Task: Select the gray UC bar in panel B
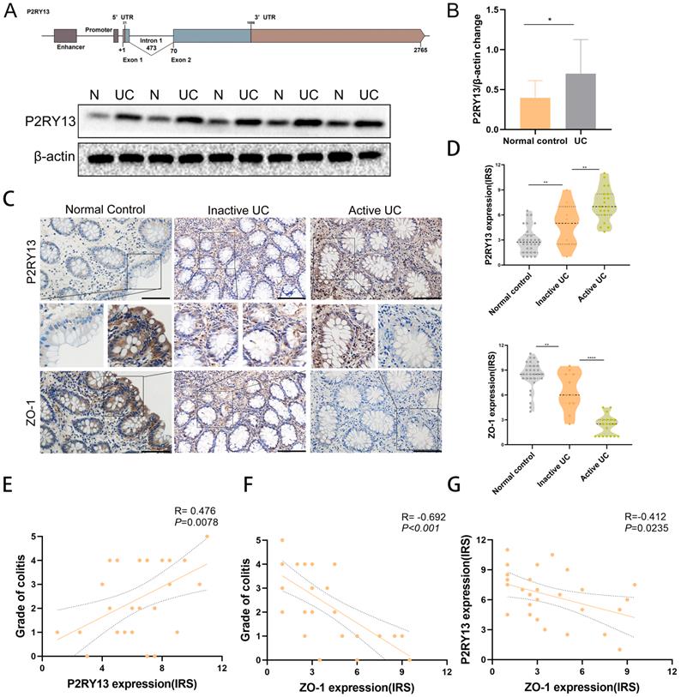[x=582, y=101]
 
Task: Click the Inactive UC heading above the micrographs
[x=236, y=210]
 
